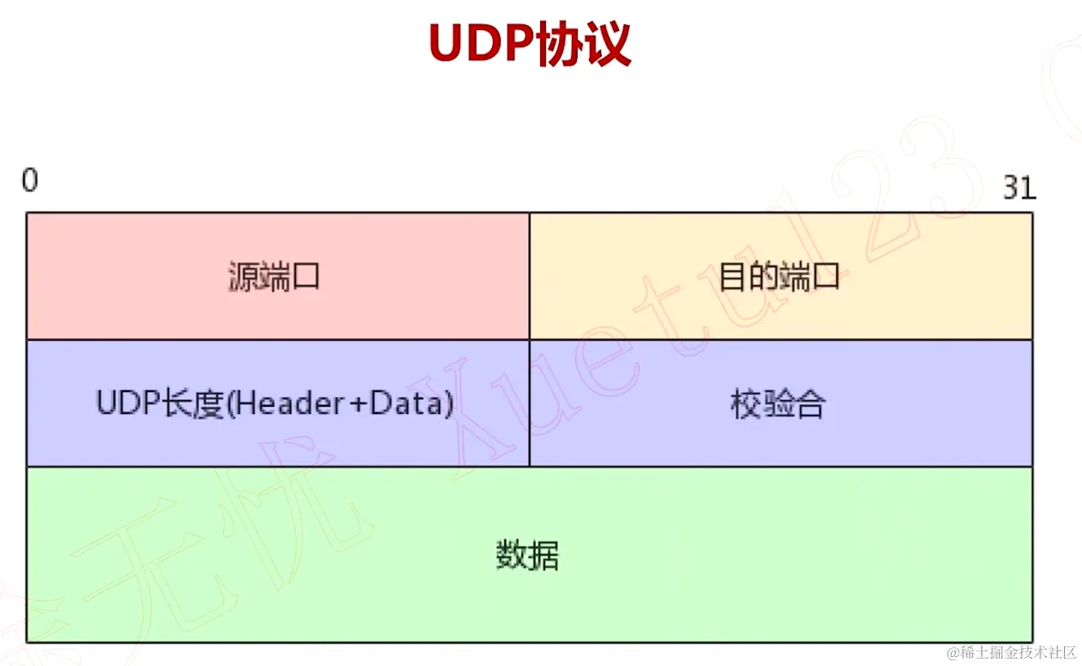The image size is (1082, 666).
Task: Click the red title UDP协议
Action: tap(530, 44)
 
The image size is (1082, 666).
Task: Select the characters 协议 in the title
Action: tap(583, 44)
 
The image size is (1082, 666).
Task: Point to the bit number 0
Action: tap(30, 180)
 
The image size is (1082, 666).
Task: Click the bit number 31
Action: tap(1018, 188)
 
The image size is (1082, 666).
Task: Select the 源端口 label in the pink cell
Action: tap(274, 277)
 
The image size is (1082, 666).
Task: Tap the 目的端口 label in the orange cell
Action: tap(779, 277)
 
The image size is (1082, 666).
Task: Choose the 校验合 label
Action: tap(778, 404)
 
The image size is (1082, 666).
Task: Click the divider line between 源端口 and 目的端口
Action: tap(530, 276)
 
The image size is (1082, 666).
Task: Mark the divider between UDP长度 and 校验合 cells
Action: tap(530, 403)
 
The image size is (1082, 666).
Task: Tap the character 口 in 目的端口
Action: tap(825, 278)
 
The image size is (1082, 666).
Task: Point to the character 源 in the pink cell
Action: tap(243, 277)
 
